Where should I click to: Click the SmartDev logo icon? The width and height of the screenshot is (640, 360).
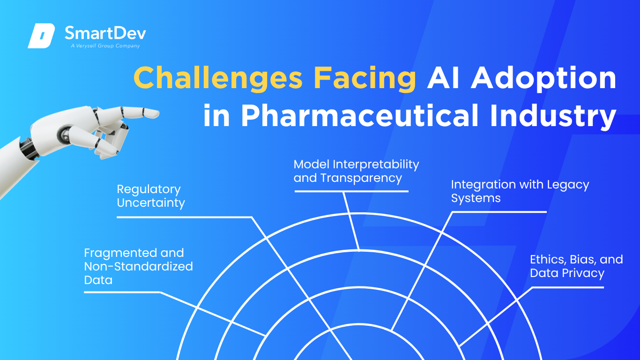[x=41, y=36]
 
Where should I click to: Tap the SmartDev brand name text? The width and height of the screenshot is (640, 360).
[x=105, y=33]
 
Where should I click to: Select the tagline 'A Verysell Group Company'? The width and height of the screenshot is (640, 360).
[x=105, y=46]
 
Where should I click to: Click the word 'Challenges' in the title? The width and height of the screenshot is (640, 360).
[x=218, y=78]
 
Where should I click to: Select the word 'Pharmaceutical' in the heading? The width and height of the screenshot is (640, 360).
[x=360, y=115]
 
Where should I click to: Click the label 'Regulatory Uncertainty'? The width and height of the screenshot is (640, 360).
[x=151, y=196]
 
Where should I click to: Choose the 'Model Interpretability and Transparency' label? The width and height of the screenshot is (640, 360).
[x=356, y=171]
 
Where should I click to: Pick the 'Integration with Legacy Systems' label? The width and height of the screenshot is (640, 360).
[x=520, y=191]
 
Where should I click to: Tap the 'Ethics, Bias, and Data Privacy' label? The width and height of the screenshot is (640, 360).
[x=576, y=266]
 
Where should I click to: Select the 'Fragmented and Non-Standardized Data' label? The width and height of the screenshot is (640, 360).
[x=138, y=266]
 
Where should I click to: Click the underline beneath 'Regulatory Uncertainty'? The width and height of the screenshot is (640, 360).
[x=184, y=217]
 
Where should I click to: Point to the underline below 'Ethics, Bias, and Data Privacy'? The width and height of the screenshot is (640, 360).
[x=567, y=287]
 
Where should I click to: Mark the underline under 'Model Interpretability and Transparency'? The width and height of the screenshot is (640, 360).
[x=351, y=191]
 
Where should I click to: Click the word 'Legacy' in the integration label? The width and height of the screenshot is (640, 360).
[x=568, y=185]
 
